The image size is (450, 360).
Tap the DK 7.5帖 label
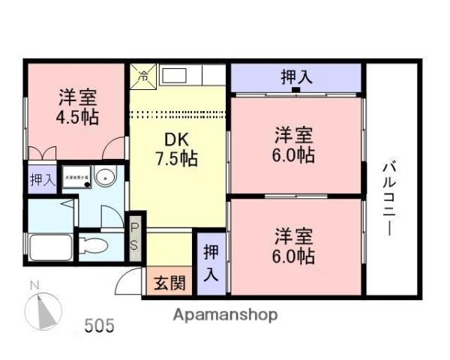pyautogui.click(x=176, y=148)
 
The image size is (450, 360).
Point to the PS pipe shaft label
pyautogui.click(x=135, y=235)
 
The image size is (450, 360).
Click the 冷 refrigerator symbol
pyautogui.click(x=142, y=73)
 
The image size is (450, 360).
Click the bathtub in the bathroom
pyautogui.click(x=50, y=245)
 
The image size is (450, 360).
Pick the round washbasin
pyautogui.click(x=107, y=178)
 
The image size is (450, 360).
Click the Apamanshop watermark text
pyautogui.click(x=225, y=314)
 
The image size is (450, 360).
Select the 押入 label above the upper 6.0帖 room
pyautogui.click(x=296, y=76)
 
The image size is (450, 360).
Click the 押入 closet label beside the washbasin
pyautogui.click(x=42, y=179)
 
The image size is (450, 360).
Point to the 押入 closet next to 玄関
pyautogui.click(x=212, y=262)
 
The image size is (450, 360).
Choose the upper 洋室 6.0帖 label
pyautogui.click(x=293, y=145)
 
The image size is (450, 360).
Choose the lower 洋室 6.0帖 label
pyautogui.click(x=293, y=244)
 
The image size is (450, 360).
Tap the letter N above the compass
pyautogui.click(x=33, y=285)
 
